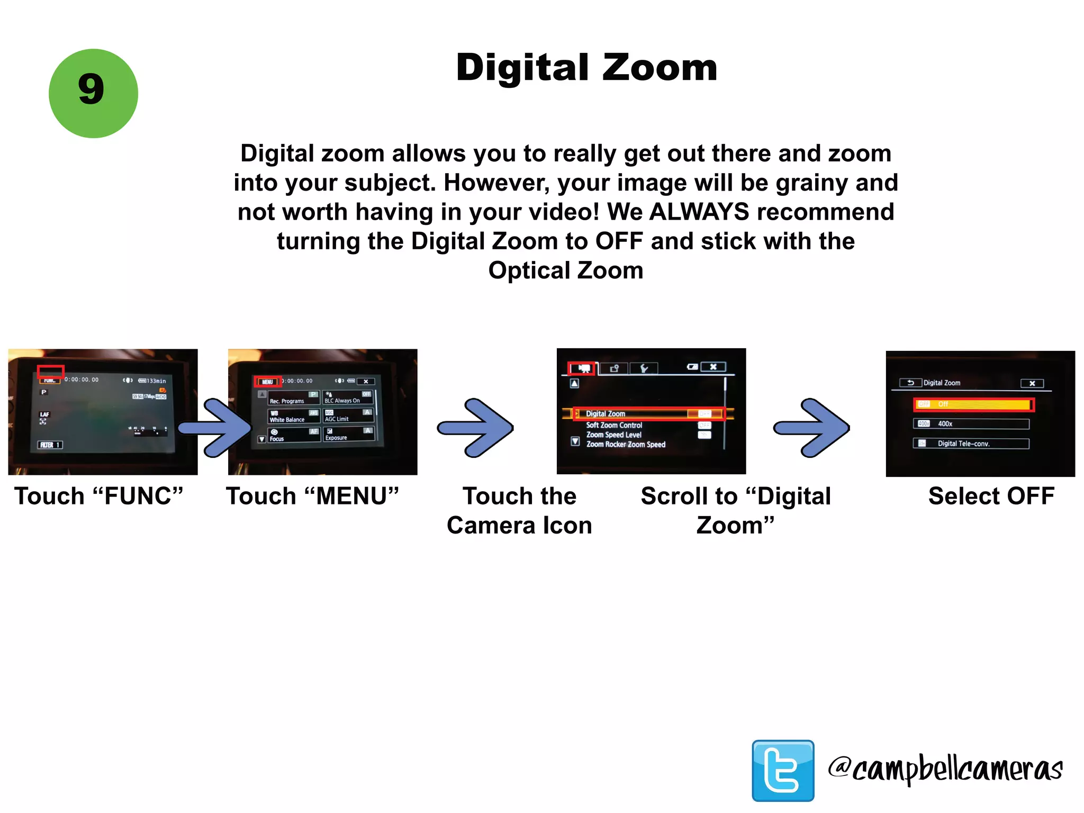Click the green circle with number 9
(93, 94)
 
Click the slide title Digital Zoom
(586, 68)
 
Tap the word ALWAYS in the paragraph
(699, 212)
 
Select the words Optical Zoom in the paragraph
(565, 270)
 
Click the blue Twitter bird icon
(783, 770)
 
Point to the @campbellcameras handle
(945, 769)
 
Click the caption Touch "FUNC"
(98, 496)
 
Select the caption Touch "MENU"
(312, 496)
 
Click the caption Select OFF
(991, 496)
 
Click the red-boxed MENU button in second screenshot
(267, 381)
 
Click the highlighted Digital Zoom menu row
(649, 413)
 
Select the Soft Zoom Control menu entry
(614, 425)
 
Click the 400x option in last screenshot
(971, 424)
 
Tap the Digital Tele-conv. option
(971, 444)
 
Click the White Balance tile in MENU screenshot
(294, 416)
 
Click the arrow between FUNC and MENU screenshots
(216, 428)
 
